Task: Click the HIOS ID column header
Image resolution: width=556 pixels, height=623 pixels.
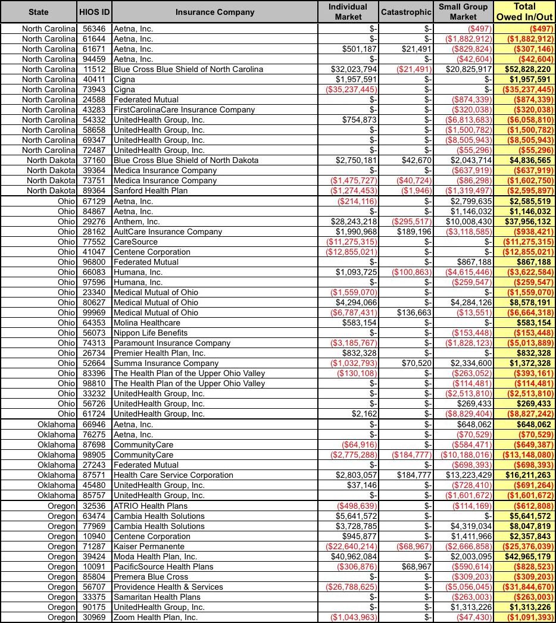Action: click(93, 12)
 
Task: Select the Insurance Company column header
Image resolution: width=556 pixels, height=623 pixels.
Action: click(215, 12)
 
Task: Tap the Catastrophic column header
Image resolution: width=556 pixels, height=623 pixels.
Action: click(406, 12)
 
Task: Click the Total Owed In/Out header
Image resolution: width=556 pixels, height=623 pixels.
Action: click(524, 12)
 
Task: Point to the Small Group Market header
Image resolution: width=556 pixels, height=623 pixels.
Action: click(463, 12)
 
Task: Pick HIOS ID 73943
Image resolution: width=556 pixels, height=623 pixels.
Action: click(93, 89)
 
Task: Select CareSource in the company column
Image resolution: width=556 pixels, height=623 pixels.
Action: click(136, 242)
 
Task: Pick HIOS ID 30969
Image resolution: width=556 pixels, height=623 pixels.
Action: click(93, 618)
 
